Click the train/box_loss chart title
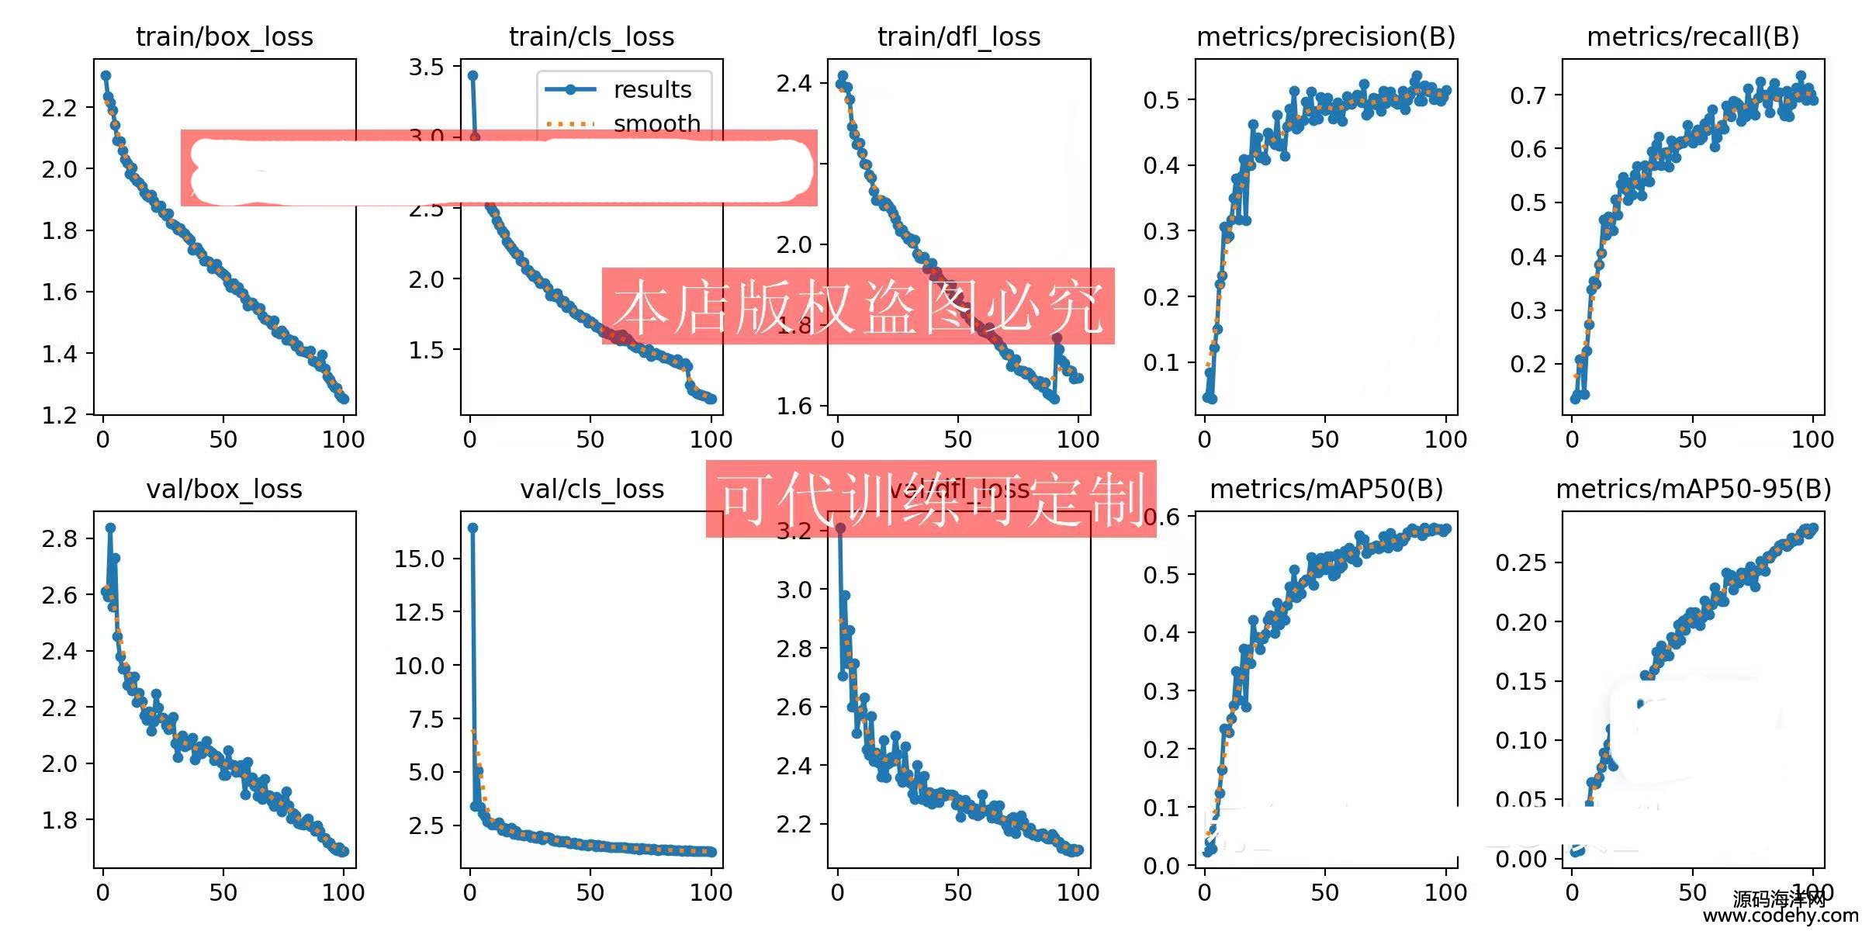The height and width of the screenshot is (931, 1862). [x=224, y=36]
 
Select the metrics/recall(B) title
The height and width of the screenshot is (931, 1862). [x=1693, y=36]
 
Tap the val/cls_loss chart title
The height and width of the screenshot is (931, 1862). [x=592, y=489]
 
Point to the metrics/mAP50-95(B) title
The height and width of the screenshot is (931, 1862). [x=1693, y=489]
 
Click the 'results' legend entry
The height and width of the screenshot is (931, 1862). [x=652, y=90]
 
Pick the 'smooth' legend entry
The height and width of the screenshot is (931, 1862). [x=656, y=123]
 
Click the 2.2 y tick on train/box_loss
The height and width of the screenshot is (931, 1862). [x=60, y=108]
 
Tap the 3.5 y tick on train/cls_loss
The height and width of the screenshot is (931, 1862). [x=427, y=67]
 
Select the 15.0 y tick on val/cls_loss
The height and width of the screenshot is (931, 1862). [x=419, y=559]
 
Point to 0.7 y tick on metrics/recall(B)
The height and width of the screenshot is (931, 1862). [x=1528, y=95]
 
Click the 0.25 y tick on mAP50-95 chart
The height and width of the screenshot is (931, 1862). [x=1521, y=562]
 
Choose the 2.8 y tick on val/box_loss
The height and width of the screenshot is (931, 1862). [x=60, y=538]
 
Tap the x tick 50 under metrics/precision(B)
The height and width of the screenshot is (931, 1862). [x=1324, y=440]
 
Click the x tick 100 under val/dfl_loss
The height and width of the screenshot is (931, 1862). [x=1078, y=892]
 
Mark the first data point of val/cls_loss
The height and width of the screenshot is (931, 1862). [x=472, y=528]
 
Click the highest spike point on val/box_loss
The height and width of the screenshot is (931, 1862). [x=110, y=528]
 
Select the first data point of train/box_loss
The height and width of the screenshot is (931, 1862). [x=106, y=76]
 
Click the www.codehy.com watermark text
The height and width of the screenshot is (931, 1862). [x=1781, y=916]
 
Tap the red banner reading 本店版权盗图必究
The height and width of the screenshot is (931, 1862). [x=858, y=306]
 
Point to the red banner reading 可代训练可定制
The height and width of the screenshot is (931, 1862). [x=931, y=499]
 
